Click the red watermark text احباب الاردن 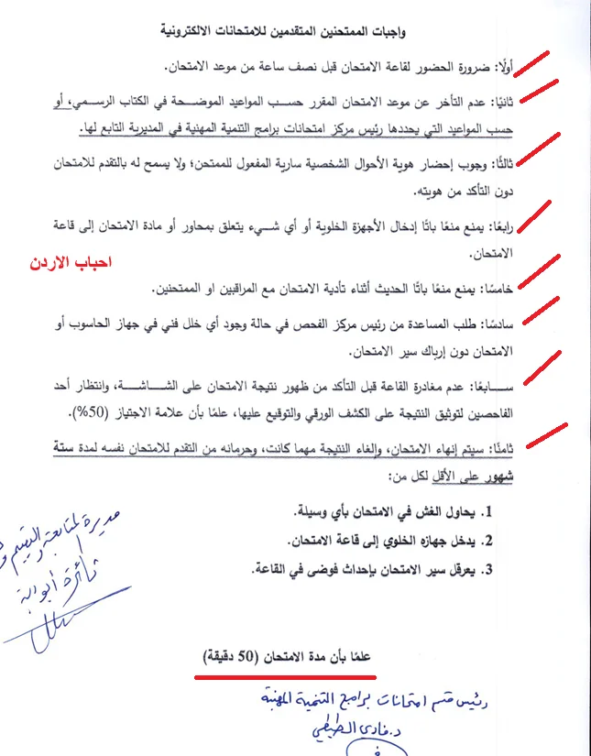[x=70, y=262]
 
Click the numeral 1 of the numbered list [x=489, y=510]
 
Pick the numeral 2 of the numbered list [x=489, y=540]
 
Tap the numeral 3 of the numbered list [x=489, y=569]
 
